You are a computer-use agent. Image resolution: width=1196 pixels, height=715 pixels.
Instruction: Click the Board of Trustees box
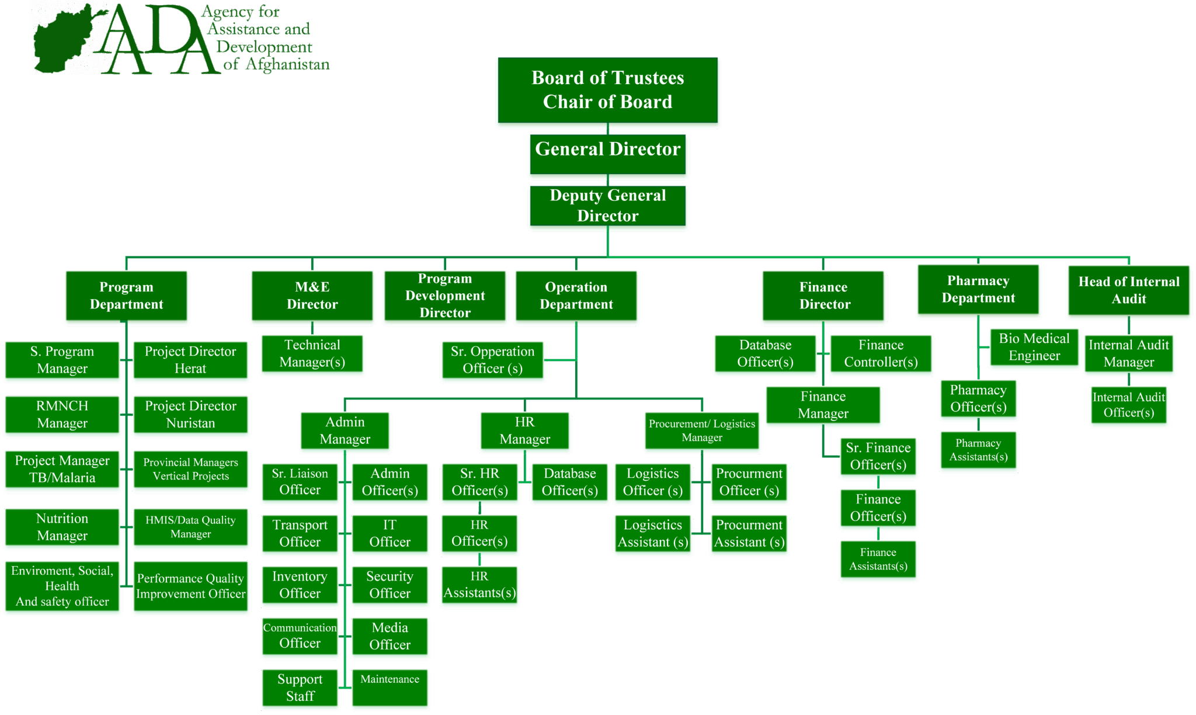point(607,90)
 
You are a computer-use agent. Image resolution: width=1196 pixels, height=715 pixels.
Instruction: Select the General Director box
point(607,154)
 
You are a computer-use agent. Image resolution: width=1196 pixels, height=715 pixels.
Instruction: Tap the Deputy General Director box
point(607,206)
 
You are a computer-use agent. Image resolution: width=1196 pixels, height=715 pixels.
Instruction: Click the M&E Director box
point(312,296)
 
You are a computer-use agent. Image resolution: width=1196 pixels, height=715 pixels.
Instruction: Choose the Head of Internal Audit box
point(1128,290)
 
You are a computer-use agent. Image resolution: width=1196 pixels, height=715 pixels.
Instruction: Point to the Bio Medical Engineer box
point(1034,347)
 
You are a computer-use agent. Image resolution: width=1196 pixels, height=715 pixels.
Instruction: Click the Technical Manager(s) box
point(312,353)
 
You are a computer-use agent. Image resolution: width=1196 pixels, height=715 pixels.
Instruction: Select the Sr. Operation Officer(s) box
point(492,360)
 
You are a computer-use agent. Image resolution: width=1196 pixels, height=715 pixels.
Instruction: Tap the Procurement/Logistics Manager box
point(701,431)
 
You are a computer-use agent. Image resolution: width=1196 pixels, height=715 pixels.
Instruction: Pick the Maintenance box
point(390,688)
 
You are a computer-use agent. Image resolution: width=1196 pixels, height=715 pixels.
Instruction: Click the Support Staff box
point(300,688)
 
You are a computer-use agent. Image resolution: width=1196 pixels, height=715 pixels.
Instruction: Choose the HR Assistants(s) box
point(479,585)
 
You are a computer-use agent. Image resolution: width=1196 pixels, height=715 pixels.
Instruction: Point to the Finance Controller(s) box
point(881,353)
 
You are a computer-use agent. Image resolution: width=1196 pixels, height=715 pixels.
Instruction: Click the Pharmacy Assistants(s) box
point(978,450)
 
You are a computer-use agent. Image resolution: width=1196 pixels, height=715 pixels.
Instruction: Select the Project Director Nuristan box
point(190,415)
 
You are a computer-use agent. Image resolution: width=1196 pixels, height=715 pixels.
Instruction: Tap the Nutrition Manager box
point(62,527)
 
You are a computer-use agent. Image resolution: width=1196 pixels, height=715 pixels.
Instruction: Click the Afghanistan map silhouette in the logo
point(67,40)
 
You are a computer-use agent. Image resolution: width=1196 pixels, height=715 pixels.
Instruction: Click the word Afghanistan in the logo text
point(287,64)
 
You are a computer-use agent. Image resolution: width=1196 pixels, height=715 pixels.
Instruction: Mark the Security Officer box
point(390,585)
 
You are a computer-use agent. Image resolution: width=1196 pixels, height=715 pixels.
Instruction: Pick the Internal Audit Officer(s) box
point(1128,405)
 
